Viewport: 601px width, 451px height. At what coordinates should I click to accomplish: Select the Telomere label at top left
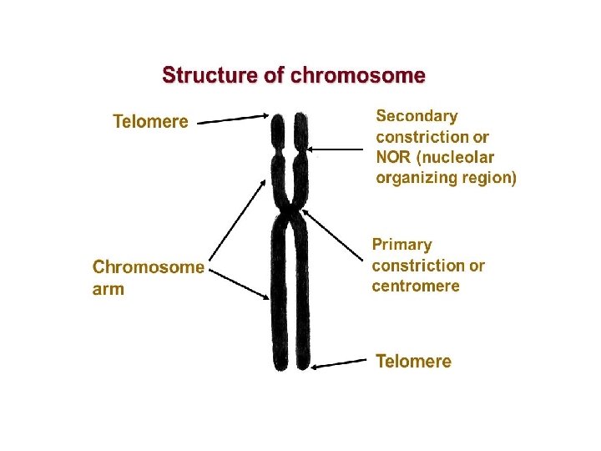[x=150, y=122]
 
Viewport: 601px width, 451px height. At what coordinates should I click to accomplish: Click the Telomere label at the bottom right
[x=413, y=362]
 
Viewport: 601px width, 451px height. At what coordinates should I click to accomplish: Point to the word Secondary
[x=417, y=116]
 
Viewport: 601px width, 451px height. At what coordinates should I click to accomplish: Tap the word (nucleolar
[x=459, y=157]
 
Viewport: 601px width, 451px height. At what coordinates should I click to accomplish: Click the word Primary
[x=402, y=245]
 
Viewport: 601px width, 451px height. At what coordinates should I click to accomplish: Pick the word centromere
[x=416, y=286]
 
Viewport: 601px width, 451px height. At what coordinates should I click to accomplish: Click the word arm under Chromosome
[x=109, y=290]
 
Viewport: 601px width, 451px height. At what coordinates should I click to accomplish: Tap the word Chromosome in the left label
[x=148, y=268]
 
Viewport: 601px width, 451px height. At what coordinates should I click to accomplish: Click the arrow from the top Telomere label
[x=234, y=119]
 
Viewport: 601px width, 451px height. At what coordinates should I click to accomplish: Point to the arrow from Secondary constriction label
[x=339, y=149]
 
